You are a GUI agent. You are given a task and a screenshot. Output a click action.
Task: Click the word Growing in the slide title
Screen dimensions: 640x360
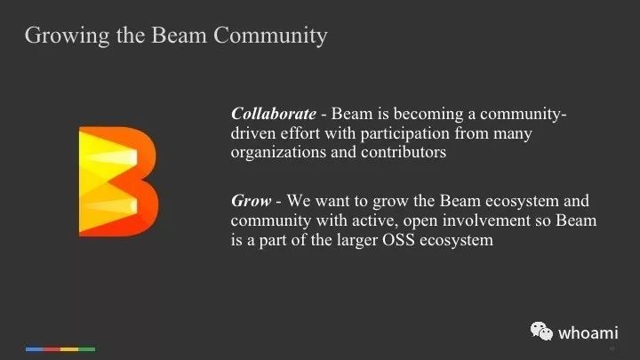(x=68, y=36)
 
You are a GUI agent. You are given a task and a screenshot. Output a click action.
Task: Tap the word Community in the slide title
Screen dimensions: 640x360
(x=270, y=36)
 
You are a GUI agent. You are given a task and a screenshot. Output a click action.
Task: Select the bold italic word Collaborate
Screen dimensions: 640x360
(x=274, y=114)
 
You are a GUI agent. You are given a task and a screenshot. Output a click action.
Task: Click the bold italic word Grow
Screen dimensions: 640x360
(x=251, y=201)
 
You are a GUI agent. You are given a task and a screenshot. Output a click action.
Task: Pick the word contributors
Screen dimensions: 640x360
(x=404, y=152)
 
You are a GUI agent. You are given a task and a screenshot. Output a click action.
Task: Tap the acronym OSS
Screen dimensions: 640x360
(x=399, y=240)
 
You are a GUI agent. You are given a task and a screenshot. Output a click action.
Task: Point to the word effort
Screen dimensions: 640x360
(x=300, y=133)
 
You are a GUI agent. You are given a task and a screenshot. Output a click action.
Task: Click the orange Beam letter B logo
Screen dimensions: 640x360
(x=118, y=181)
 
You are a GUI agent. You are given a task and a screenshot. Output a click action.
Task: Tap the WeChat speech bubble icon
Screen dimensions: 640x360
(x=541, y=331)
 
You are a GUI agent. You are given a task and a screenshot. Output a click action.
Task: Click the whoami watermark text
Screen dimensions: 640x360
(x=588, y=333)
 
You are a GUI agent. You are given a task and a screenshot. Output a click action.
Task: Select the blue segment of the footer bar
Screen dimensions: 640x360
(x=35, y=349)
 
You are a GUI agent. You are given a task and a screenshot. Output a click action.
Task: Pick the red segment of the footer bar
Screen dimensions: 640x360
(x=52, y=349)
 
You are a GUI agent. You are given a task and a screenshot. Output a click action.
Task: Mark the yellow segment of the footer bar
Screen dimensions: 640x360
(x=69, y=349)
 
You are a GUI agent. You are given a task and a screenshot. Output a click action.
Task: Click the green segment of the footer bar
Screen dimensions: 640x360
(x=86, y=349)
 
